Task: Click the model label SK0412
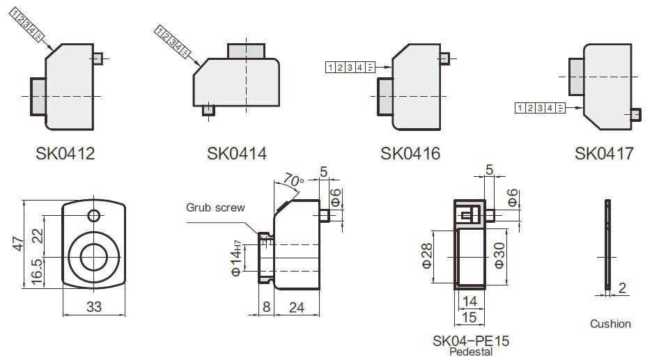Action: click(65, 153)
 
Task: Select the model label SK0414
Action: click(236, 153)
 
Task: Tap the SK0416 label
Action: click(410, 153)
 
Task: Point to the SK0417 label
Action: click(605, 153)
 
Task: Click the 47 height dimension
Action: click(19, 243)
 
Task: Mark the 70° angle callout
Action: click(294, 180)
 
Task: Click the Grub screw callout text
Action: click(215, 207)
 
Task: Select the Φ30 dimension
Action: click(499, 256)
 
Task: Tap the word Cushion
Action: click(610, 324)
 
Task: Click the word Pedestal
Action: click(471, 352)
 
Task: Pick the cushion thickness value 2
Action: click(622, 288)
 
